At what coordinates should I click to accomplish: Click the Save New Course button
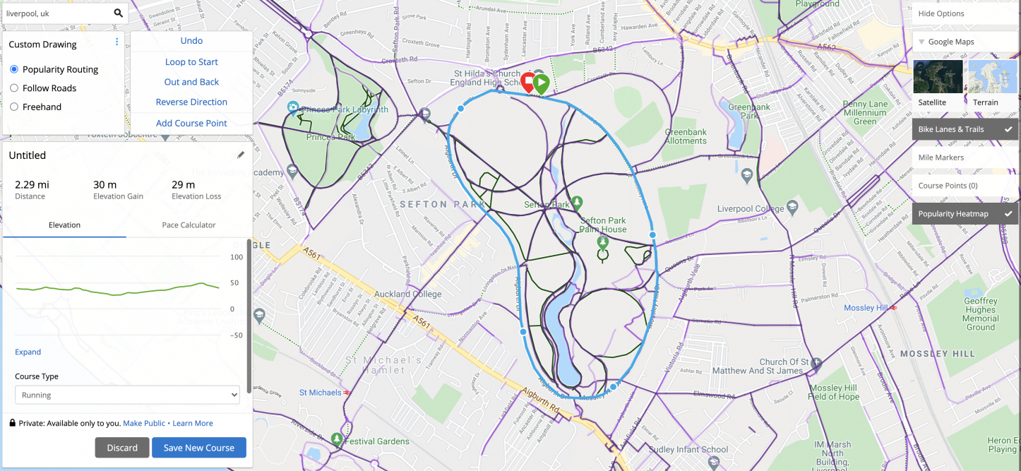click(x=198, y=448)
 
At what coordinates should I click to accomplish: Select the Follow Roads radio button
click(x=14, y=88)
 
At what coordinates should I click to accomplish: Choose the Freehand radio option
click(x=14, y=107)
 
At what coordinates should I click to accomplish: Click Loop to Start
click(x=191, y=62)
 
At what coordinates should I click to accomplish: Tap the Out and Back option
click(x=191, y=82)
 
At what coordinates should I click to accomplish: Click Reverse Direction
click(x=191, y=102)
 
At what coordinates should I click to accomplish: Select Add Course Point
click(x=191, y=123)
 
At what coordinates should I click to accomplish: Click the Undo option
click(x=191, y=41)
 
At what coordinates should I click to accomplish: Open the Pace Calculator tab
click(x=189, y=225)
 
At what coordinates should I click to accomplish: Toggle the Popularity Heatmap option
click(x=965, y=214)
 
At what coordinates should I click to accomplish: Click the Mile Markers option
click(x=965, y=157)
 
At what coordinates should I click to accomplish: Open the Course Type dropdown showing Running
click(x=127, y=395)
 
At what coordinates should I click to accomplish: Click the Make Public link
click(x=144, y=423)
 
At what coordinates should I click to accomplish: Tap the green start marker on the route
click(x=541, y=83)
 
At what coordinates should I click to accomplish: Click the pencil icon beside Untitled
click(x=241, y=155)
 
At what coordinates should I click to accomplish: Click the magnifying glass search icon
click(x=119, y=13)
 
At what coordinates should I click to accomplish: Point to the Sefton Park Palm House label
click(x=603, y=225)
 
